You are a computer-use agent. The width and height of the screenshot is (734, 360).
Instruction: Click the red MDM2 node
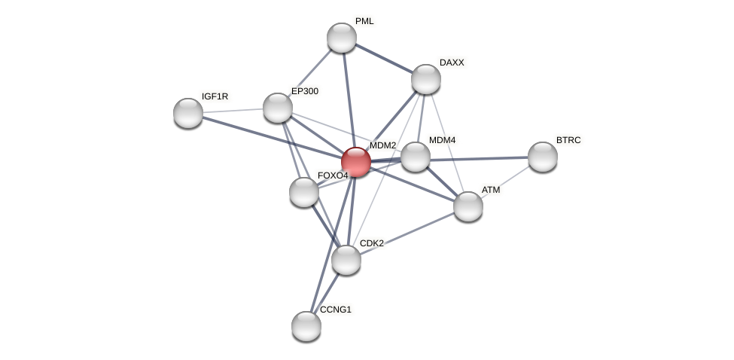(x=356, y=162)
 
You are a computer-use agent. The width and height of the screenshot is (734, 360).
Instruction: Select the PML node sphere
(x=342, y=38)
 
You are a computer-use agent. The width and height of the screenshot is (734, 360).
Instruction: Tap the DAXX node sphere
(x=426, y=79)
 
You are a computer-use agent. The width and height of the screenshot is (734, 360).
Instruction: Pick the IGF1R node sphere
(x=188, y=113)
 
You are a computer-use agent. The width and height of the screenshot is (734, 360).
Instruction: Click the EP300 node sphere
(x=278, y=108)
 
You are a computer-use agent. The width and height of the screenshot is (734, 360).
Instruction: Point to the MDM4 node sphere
(x=416, y=157)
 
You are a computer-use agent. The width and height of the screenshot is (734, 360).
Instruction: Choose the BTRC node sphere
(x=543, y=157)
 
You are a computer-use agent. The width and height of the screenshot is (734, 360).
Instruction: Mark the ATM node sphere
(x=468, y=206)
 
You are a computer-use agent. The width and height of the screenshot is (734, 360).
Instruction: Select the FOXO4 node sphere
(x=304, y=192)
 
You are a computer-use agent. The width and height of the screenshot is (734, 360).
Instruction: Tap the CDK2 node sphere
(x=346, y=260)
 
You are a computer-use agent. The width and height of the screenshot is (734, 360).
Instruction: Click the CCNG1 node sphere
(x=306, y=326)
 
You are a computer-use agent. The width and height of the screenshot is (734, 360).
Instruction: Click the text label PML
(x=364, y=21)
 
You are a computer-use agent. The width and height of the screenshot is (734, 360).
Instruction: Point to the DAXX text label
(x=452, y=63)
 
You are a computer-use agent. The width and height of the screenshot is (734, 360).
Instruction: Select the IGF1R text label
(x=215, y=96)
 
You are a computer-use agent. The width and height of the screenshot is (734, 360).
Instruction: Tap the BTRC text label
(x=568, y=140)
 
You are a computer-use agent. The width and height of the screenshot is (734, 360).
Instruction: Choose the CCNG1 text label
(x=335, y=310)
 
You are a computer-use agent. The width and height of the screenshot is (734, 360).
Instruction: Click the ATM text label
(x=491, y=190)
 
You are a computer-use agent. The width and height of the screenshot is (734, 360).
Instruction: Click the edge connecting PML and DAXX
(x=384, y=58)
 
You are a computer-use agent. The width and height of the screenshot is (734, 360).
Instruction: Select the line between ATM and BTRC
(x=505, y=182)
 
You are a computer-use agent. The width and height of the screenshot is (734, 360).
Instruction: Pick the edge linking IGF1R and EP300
(x=233, y=110)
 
